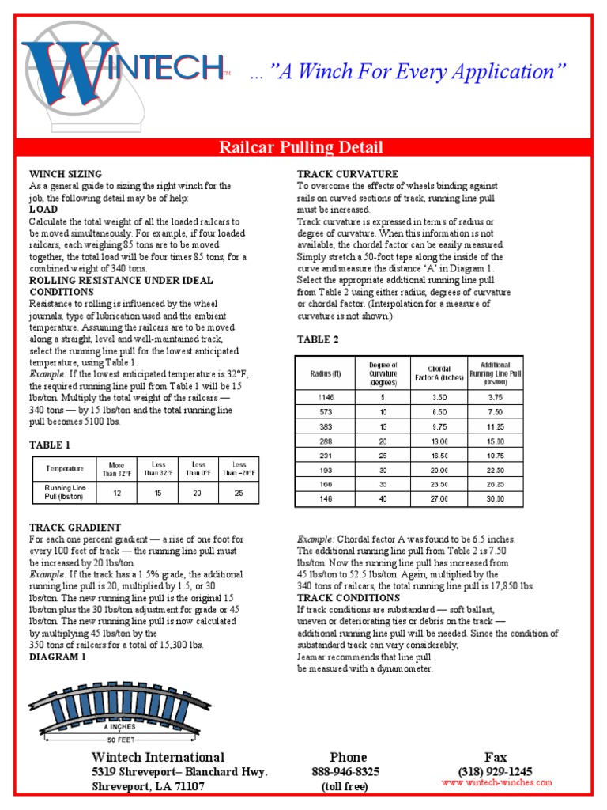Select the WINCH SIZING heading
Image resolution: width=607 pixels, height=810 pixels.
66,174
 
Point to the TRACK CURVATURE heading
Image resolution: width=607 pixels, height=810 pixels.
347,174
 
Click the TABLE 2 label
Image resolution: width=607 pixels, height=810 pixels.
318,339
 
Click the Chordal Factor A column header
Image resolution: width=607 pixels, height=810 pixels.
439,373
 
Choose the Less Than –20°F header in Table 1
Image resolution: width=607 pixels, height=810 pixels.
239,469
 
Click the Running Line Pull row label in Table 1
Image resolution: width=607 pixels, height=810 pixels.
65,493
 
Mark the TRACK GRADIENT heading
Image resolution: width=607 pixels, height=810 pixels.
75,527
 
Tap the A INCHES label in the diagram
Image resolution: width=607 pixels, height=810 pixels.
119,725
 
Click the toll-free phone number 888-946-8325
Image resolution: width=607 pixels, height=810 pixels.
346,771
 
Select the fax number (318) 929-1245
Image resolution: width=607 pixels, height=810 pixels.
495,771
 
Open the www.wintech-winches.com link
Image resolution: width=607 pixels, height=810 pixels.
497,783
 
